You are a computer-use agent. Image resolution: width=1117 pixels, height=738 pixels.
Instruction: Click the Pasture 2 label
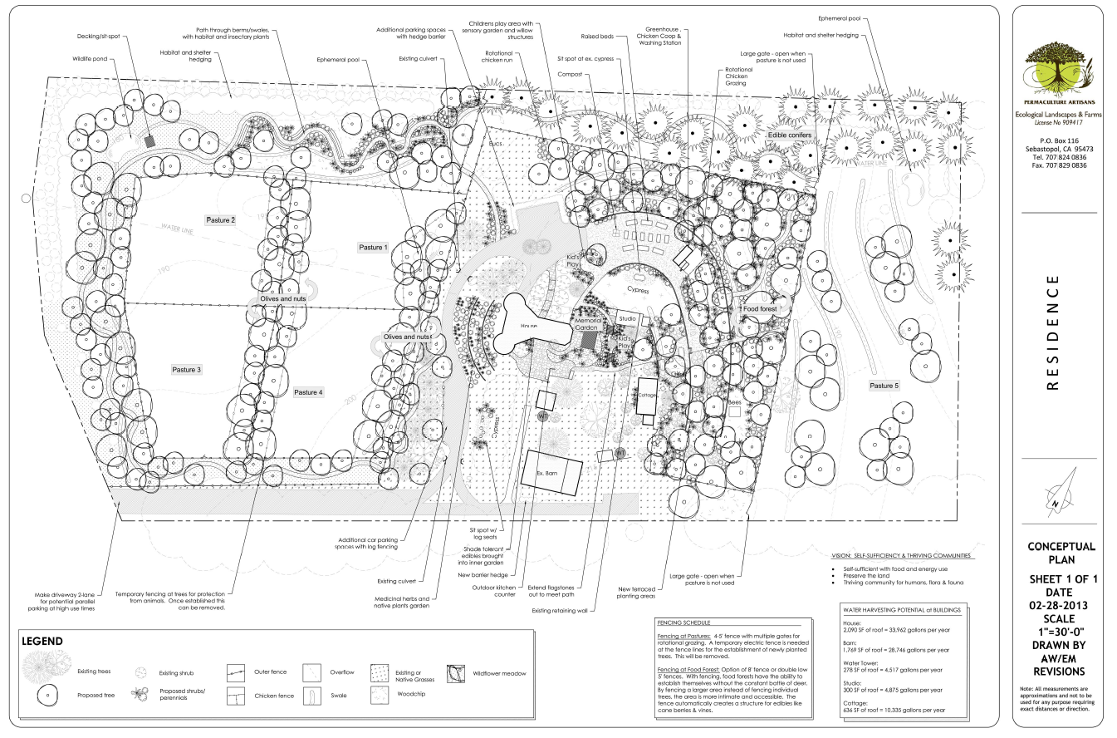(x=221, y=219)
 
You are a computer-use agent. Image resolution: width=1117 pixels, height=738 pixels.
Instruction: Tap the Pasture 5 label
(x=884, y=386)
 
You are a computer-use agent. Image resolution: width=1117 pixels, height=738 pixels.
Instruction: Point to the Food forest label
(x=759, y=309)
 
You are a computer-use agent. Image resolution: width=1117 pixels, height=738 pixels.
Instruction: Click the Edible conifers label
(x=777, y=135)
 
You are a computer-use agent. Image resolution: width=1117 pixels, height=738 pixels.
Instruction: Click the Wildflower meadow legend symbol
(x=456, y=673)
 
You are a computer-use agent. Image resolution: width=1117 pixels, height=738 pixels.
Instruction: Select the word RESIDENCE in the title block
(x=1052, y=333)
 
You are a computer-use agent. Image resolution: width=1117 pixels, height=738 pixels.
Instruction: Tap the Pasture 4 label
(x=308, y=392)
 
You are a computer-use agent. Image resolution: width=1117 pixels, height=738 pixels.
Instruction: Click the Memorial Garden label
(x=585, y=323)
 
